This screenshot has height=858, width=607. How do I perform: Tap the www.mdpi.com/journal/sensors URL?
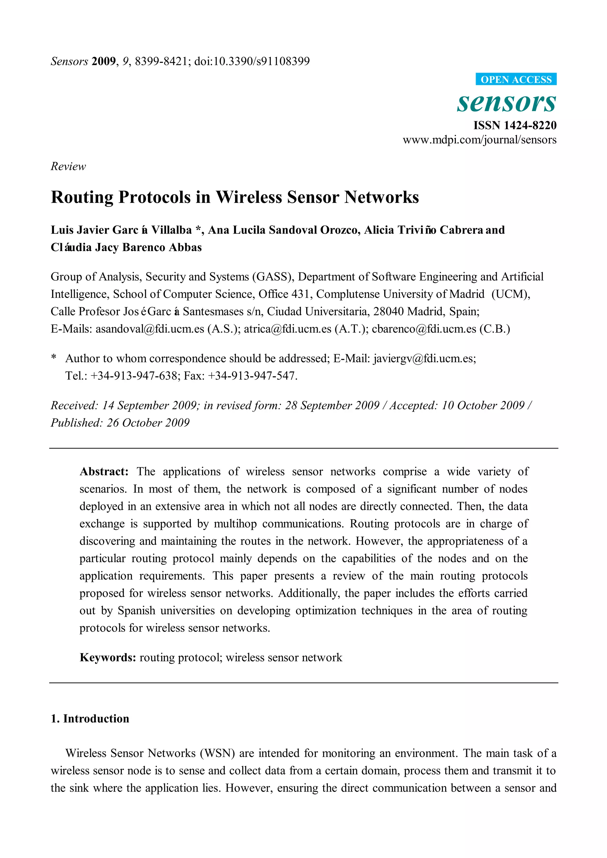(480, 140)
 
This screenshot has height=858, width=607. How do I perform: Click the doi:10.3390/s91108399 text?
(252, 61)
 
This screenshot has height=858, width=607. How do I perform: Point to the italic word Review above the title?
(68, 166)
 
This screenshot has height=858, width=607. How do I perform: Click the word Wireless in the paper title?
(249, 197)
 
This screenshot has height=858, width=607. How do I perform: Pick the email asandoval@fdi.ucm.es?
(150, 329)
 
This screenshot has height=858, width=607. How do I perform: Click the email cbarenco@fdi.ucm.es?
(424, 329)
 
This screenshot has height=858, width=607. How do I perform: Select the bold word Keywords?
(108, 658)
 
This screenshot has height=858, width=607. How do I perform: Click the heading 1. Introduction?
(90, 719)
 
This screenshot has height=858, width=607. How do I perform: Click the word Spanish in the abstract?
(136, 610)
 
